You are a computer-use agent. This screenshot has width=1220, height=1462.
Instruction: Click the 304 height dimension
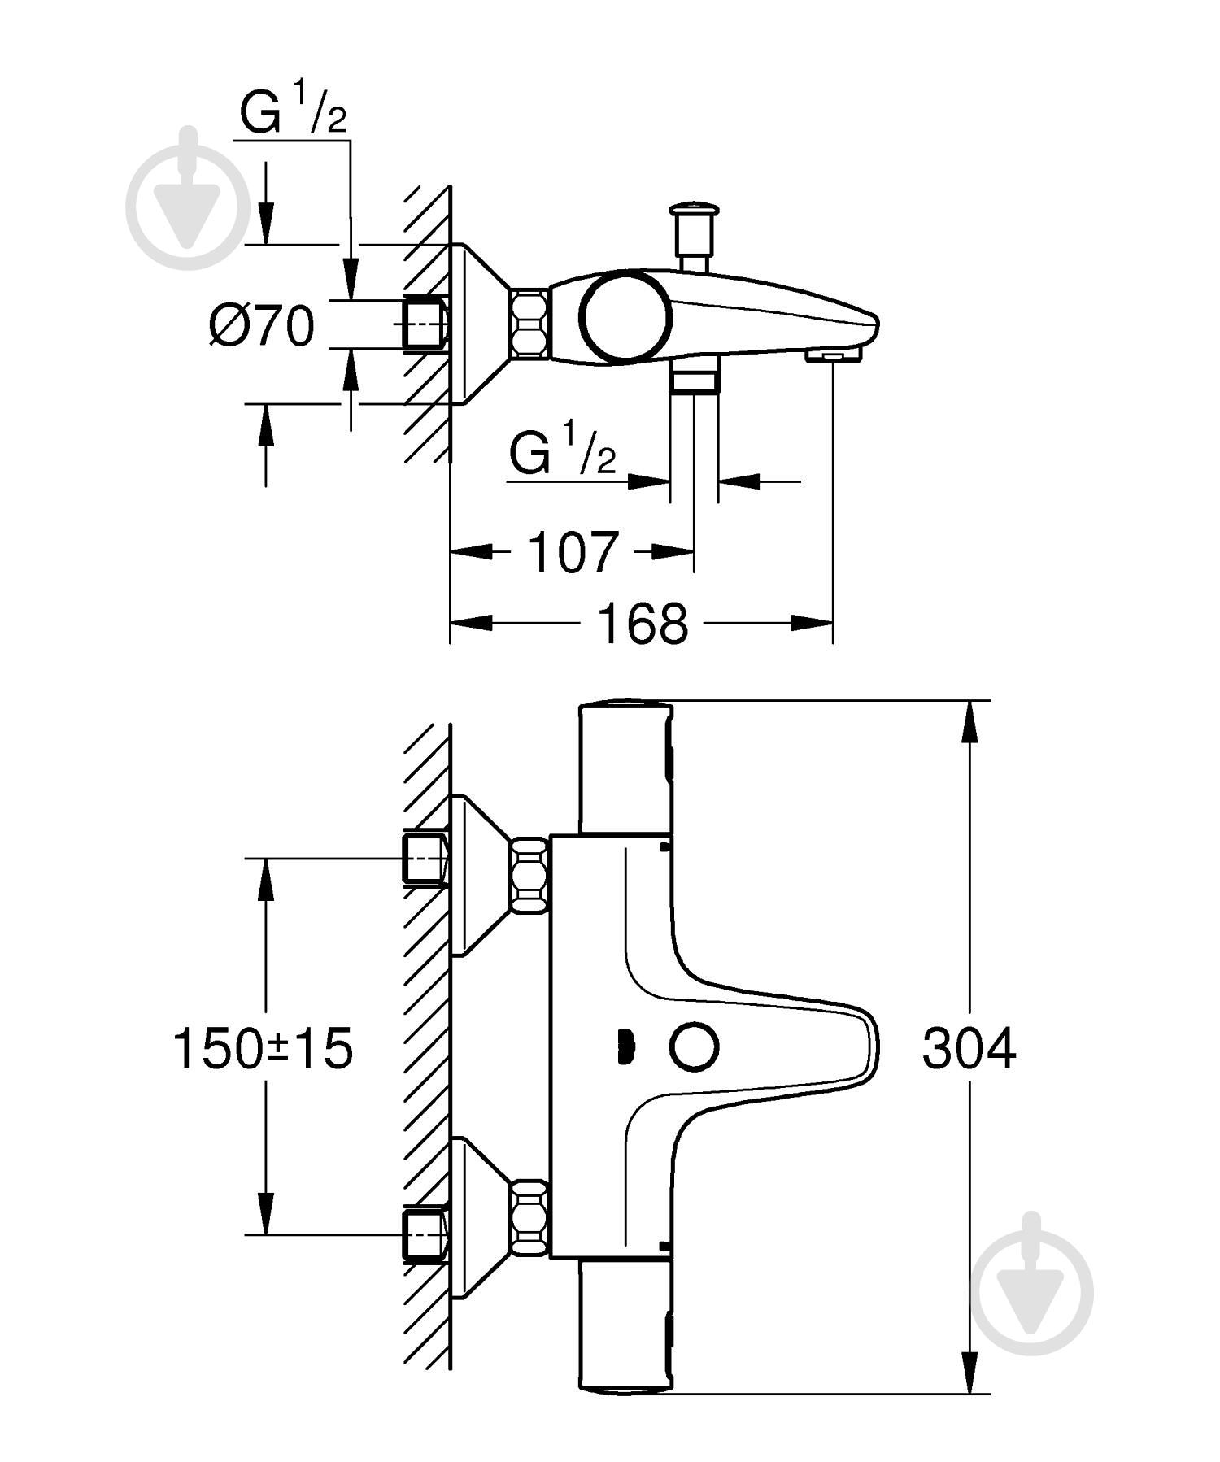click(968, 1048)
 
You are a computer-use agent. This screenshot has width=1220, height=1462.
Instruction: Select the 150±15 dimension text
click(263, 1048)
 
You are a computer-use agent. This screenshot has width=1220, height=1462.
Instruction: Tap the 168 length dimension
click(642, 624)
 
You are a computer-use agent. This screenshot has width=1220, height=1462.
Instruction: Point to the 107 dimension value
click(573, 552)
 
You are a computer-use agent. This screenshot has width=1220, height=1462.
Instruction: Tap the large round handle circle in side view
click(626, 318)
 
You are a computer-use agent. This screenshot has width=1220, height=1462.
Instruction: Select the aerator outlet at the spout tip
click(833, 355)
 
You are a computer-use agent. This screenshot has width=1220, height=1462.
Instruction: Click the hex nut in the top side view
click(529, 323)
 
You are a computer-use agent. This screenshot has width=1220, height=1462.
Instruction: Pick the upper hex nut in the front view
click(529, 876)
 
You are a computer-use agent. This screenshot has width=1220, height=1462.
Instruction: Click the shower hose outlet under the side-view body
click(694, 380)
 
